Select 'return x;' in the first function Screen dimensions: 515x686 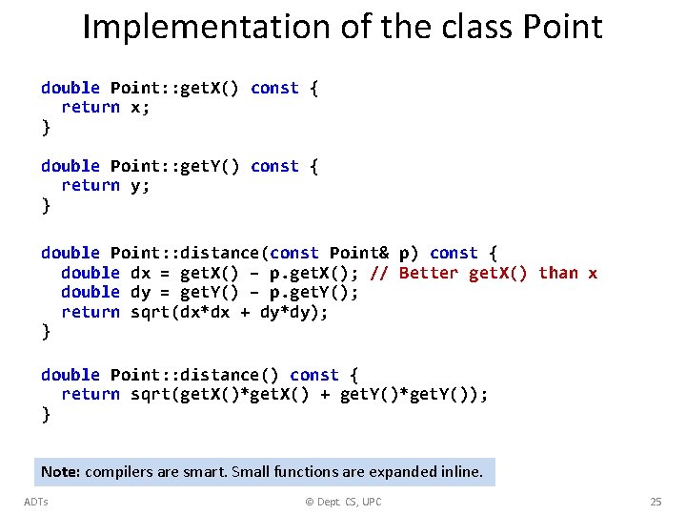106,107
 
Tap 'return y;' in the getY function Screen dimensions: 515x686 106,185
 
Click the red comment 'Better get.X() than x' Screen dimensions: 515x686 497,273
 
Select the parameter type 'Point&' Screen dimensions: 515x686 359,253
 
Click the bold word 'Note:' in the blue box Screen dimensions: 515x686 60,471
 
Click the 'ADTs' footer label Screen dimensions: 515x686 36,502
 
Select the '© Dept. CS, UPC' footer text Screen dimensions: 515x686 342,502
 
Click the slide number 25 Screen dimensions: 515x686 655,502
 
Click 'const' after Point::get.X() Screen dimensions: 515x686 274,88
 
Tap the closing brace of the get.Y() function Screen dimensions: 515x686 45,205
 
